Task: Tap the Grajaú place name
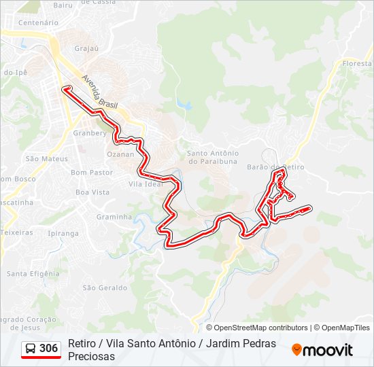(87, 48)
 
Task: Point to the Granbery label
(90, 133)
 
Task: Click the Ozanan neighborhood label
(120, 154)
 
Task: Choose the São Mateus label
(46, 158)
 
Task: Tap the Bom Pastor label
(92, 173)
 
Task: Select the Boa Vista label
(92, 192)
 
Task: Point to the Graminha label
(114, 217)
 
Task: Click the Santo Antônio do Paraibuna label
(213, 157)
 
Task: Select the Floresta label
(358, 63)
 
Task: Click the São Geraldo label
(105, 287)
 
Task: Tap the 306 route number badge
(48, 349)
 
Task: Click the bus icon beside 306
(31, 349)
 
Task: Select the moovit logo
(322, 350)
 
